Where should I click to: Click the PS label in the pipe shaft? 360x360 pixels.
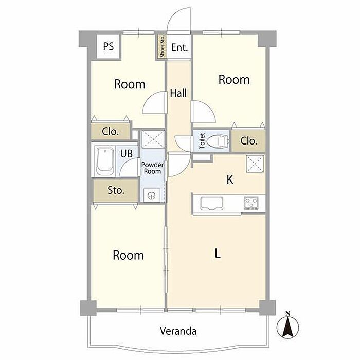coord(109,46)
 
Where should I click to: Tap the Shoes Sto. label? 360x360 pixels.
coord(163,47)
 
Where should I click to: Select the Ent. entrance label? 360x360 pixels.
coord(179,47)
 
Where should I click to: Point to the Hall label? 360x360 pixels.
coord(178,93)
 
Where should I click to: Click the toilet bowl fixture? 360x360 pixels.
coord(218,141)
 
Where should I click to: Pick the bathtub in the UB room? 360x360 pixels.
coord(105,161)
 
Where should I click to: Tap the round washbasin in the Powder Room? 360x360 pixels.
coord(152,195)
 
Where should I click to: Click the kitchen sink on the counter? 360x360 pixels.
coord(211,204)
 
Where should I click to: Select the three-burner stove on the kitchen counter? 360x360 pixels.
coord(251,203)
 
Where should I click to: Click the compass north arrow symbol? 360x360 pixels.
coord(287,326)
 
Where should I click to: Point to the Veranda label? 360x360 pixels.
coord(178,331)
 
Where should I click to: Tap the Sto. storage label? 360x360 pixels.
coord(116,190)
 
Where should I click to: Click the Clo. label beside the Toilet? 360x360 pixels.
coord(249,141)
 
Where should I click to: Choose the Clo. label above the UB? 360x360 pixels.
coord(110,132)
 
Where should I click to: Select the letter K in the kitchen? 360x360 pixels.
coord(230,179)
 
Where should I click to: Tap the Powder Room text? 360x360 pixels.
coord(152,168)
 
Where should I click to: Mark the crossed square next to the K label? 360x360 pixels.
coord(255,164)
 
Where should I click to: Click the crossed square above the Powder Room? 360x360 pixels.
coord(153,139)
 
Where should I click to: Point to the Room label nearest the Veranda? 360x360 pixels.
coord(129,255)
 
